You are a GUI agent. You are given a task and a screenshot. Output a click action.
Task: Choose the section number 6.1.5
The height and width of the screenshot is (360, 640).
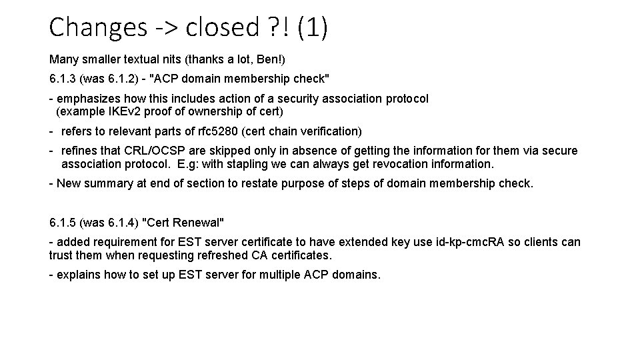[63, 222]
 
